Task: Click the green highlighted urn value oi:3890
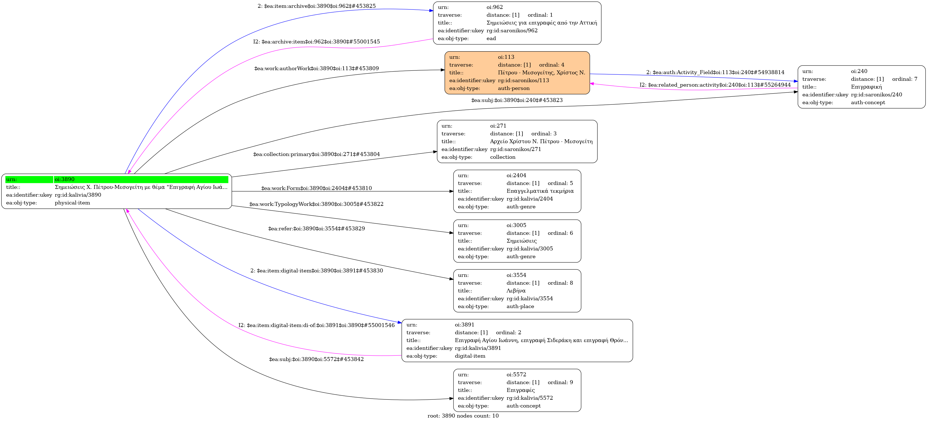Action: coord(65,179)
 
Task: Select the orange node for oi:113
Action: coord(517,73)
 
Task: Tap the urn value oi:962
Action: coord(495,7)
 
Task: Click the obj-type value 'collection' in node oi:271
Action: coord(503,157)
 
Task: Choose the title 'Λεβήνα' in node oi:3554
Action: coord(516,291)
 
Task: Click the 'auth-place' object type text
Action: coord(520,306)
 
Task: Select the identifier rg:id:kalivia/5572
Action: coord(530,398)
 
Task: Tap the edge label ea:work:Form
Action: coord(317,188)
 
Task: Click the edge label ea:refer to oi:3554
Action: coord(317,228)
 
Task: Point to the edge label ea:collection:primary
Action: coord(317,154)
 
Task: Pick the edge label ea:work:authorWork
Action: coord(317,69)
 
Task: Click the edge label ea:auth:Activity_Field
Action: coord(715,72)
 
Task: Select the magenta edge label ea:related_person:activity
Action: coord(715,85)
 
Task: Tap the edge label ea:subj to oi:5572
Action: coord(317,359)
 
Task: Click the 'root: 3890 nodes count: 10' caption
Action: coord(463,416)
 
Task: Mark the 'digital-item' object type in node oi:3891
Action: coord(470,356)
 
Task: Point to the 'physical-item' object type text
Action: coord(72,203)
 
